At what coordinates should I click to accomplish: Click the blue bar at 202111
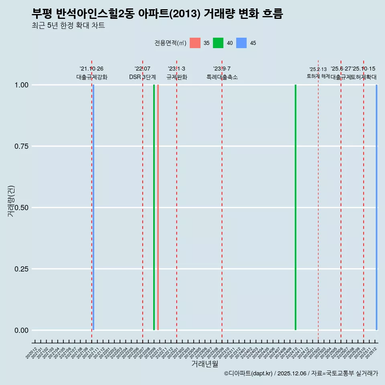pyautogui.click(x=93, y=207)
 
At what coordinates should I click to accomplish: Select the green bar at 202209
pyautogui.click(x=154, y=207)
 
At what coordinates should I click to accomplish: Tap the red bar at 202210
pyautogui.click(x=158, y=207)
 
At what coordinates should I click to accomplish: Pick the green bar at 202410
pyautogui.click(x=296, y=207)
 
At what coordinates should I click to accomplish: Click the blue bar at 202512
pyautogui.click(x=377, y=207)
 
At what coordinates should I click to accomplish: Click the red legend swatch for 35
pyautogui.click(x=195, y=43)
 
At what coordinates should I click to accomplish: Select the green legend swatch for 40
pyautogui.click(x=218, y=43)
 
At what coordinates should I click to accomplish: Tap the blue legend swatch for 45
pyautogui.click(x=241, y=43)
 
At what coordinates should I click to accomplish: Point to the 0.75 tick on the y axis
pyautogui.click(x=20, y=146)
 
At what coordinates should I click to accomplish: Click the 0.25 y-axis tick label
pyautogui.click(x=20, y=269)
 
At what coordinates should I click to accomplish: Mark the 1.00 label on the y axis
pyautogui.click(x=20, y=85)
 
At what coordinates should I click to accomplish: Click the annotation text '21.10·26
pyautogui.click(x=91, y=69)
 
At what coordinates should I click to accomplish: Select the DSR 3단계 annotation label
pyautogui.click(x=142, y=77)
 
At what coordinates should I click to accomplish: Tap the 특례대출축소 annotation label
pyautogui.click(x=222, y=77)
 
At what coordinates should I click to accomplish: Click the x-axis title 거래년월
pyautogui.click(x=205, y=364)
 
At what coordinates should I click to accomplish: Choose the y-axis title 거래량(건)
pyautogui.click(x=11, y=201)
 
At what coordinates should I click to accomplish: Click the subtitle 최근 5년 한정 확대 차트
pyautogui.click(x=68, y=26)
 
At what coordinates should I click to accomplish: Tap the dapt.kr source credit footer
pyautogui.click(x=301, y=373)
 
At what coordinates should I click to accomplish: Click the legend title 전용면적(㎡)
pyautogui.click(x=170, y=43)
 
